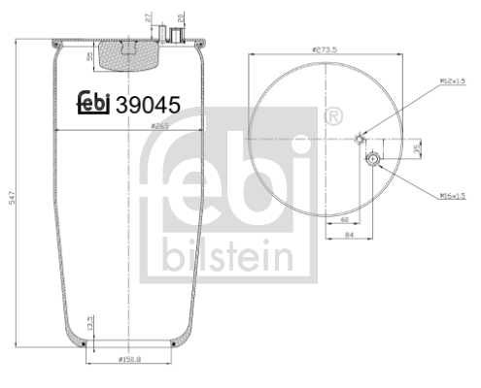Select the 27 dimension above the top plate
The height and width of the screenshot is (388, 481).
tap(149, 17)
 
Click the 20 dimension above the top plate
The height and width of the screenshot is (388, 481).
tap(182, 17)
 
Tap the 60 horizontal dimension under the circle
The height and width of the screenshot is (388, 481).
tap(345, 220)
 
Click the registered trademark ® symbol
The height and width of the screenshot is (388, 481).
tap(333, 117)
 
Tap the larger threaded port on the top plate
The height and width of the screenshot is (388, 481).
tap(176, 36)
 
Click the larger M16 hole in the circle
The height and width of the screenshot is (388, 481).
tap(374, 159)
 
